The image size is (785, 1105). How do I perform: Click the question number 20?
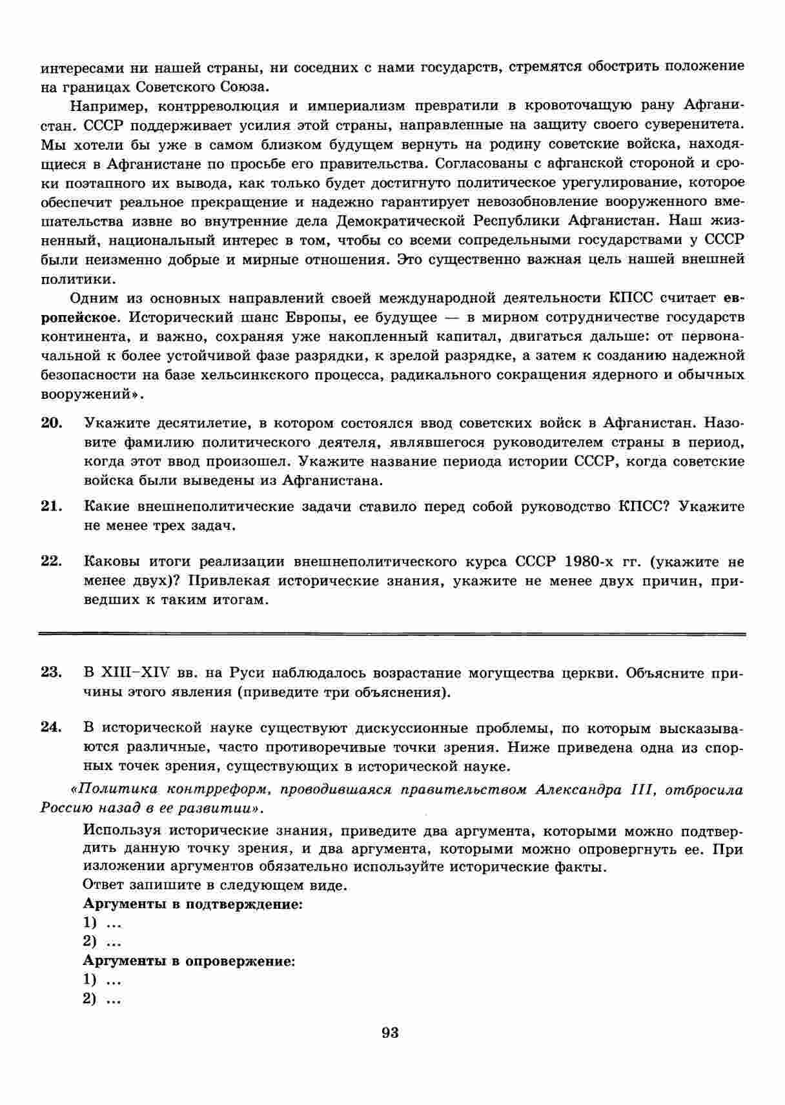coord(51,423)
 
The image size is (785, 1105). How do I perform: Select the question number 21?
coord(51,507)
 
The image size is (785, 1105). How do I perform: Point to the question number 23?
coord(51,673)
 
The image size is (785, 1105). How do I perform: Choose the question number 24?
coord(51,728)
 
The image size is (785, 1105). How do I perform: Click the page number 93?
coord(390,1033)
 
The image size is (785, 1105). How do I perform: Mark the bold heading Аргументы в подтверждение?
coord(193,904)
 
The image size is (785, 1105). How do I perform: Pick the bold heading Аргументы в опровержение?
coord(189,961)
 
